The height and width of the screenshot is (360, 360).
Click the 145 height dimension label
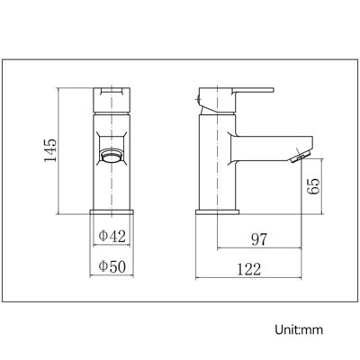(50, 150)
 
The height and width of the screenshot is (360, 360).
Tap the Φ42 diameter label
(112, 237)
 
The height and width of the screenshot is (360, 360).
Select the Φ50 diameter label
(112, 266)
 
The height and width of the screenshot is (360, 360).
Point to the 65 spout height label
(313, 186)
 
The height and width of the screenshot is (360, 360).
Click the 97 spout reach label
(259, 239)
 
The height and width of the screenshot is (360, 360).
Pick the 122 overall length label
(249, 269)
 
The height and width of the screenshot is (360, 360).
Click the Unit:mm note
(299, 329)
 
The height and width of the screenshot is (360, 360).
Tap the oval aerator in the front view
(112, 156)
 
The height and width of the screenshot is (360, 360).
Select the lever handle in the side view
(254, 90)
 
